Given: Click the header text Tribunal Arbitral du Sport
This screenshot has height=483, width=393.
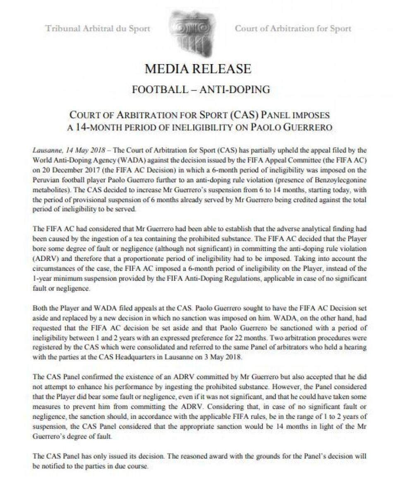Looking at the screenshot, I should (98, 29).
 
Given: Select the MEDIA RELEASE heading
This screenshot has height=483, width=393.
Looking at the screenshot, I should (198, 69).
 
